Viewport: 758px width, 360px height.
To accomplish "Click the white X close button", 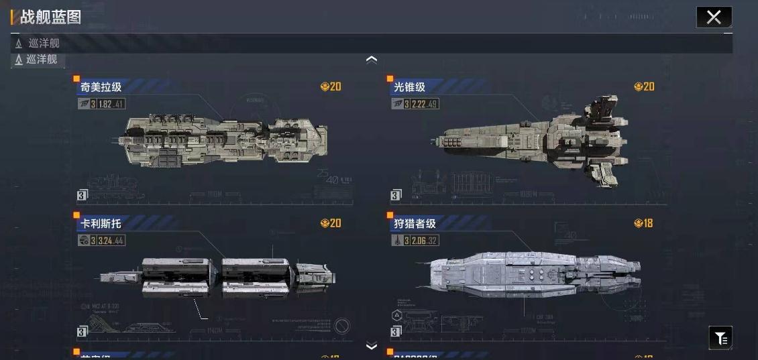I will tap(714, 17).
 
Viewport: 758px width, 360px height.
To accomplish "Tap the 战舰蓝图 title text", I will tap(50, 17).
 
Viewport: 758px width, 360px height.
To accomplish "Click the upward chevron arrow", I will tap(372, 59).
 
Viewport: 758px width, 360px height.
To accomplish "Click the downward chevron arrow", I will tap(372, 346).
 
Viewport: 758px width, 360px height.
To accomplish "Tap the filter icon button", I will tap(720, 338).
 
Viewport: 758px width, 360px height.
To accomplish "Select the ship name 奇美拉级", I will tap(101, 87).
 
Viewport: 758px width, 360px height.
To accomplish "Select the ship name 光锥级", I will tap(409, 87).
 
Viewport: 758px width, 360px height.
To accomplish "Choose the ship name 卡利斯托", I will tap(101, 224).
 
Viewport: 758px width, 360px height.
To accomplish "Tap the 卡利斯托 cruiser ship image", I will tap(218, 275).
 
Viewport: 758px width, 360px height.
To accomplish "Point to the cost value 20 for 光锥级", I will tap(649, 86).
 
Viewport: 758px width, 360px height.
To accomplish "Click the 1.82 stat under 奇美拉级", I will tap(105, 104).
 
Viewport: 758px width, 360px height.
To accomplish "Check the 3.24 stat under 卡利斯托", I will tap(105, 241).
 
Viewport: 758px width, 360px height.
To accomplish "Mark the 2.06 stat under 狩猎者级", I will tap(419, 241).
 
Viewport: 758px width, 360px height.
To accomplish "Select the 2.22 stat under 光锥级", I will tap(419, 104).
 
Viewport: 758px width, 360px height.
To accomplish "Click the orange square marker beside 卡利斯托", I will tap(76, 215).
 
